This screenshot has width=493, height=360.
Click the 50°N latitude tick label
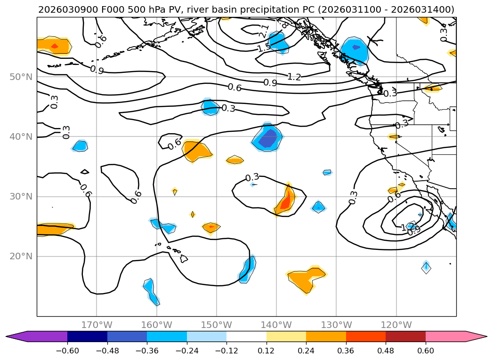[x=21, y=77]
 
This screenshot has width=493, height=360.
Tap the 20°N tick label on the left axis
[x=21, y=256]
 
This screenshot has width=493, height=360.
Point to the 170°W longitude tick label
[x=97, y=325]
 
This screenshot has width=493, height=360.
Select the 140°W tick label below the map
[x=276, y=325]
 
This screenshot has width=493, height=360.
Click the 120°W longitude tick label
[x=396, y=325]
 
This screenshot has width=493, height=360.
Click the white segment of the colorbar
[x=246, y=336]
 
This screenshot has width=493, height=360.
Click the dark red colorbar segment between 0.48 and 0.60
[x=405, y=336]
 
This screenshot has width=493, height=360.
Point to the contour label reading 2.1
[x=264, y=32]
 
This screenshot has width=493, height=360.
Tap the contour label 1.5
[x=264, y=48]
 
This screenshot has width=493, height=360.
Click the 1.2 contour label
[x=294, y=77]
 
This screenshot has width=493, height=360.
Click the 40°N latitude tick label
[x=21, y=136]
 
